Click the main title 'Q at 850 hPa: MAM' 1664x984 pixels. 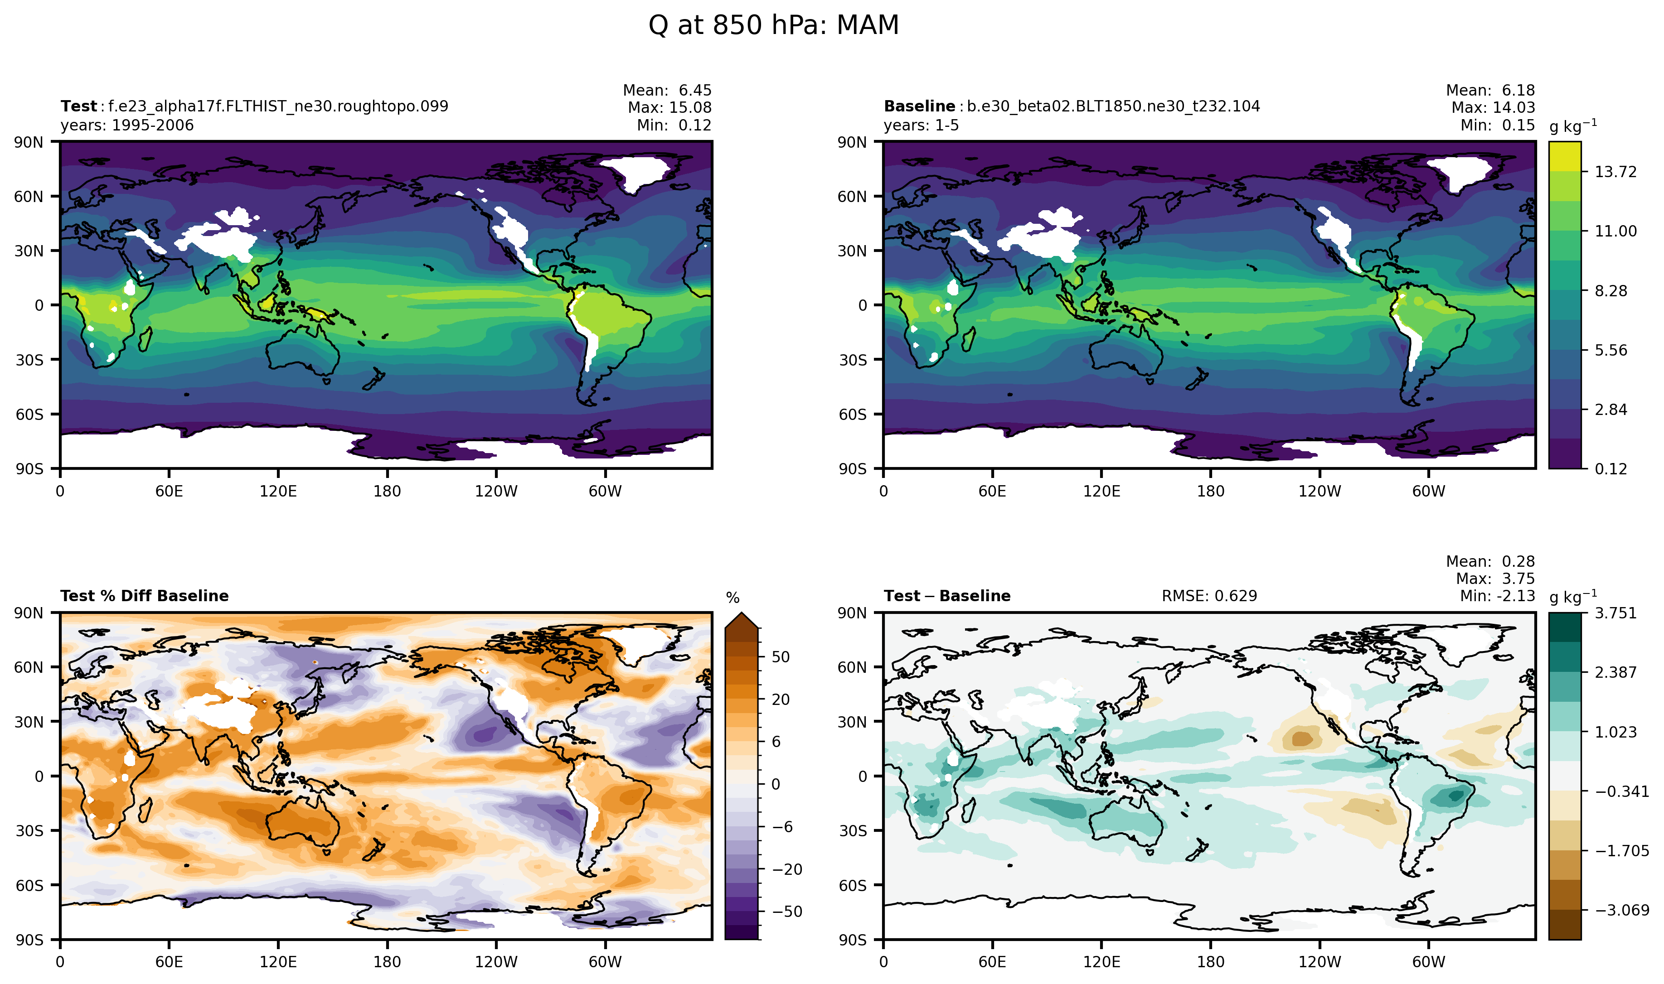[x=773, y=25]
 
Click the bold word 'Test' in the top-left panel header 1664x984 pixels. [x=78, y=106]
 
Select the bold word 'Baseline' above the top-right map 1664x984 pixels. [x=918, y=106]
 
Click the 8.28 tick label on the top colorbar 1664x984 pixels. [x=1610, y=290]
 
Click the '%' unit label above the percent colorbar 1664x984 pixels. [x=732, y=598]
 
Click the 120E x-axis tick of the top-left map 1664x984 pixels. [x=278, y=492]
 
